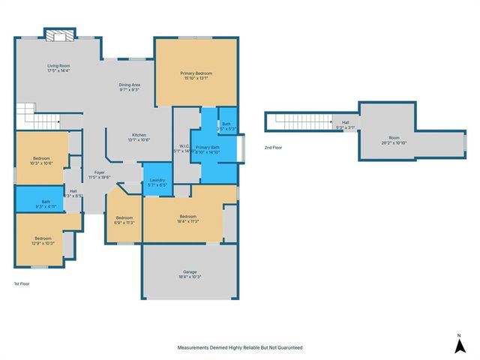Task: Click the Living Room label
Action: point(58,68)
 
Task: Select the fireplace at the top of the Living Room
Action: point(58,34)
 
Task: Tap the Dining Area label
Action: point(130,87)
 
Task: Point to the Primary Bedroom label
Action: point(196,75)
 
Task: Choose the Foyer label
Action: point(99,175)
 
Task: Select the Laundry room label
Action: point(157,182)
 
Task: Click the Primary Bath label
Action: point(207,149)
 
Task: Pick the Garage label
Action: point(190,274)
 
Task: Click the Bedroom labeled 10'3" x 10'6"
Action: point(40,160)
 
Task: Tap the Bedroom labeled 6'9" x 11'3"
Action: point(123,220)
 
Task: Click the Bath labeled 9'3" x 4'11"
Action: point(46,203)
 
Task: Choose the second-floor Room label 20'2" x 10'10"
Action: point(394,139)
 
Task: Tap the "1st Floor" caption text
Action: point(22,283)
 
